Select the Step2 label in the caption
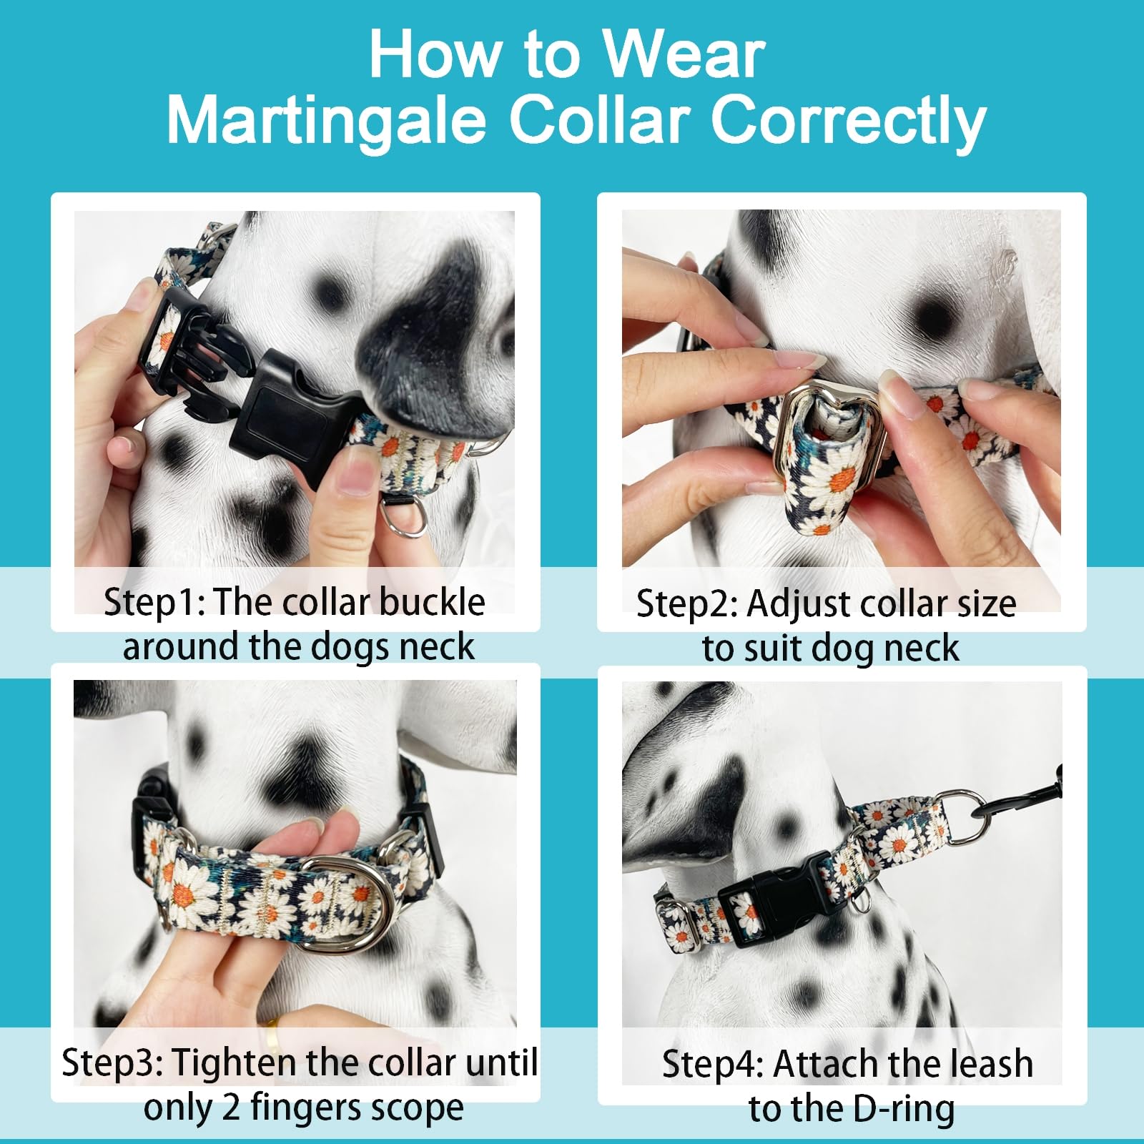coord(686,603)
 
